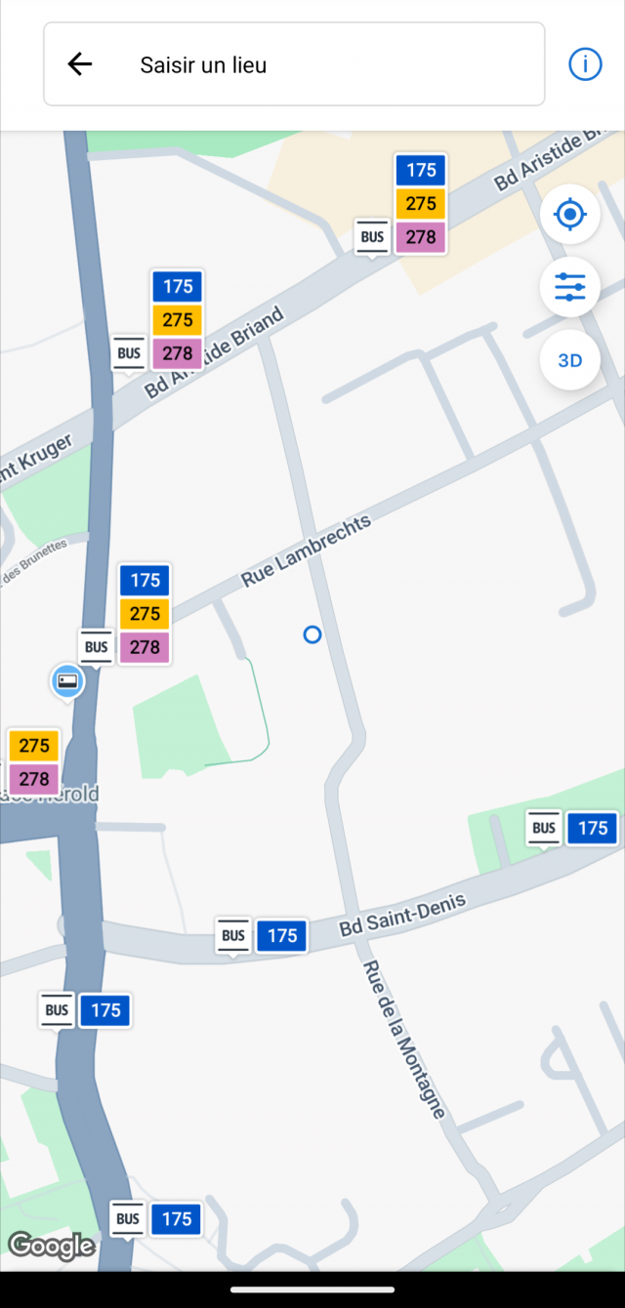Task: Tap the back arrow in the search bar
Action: (79, 64)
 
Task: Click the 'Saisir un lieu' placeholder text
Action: (203, 65)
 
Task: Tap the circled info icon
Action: (585, 64)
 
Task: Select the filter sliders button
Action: (569, 287)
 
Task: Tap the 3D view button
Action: (569, 360)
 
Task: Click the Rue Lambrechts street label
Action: (307, 552)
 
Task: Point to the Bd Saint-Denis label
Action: (403, 915)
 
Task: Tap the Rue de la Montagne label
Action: (404, 1040)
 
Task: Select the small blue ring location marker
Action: (312, 635)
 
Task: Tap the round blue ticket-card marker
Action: (67, 680)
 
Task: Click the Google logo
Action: (51, 1246)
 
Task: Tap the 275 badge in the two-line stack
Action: (34, 746)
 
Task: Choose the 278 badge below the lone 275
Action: (34, 779)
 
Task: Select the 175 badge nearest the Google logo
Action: (177, 1219)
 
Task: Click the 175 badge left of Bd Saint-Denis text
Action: (282, 936)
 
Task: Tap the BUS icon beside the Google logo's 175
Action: (128, 1219)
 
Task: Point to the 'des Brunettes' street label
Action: (35, 563)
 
